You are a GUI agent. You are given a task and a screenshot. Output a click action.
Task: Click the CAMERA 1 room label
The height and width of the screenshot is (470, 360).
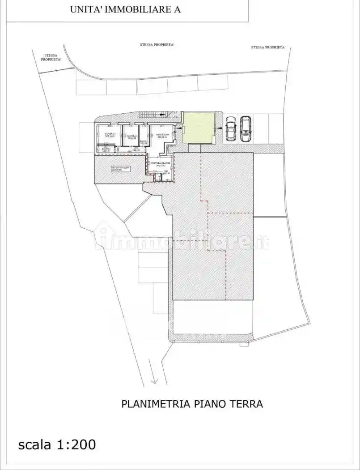[x=110, y=135]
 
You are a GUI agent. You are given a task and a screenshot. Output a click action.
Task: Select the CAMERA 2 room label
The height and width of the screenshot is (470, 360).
[x=131, y=137]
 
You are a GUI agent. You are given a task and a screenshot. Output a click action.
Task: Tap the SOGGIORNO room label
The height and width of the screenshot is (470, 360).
[x=162, y=136]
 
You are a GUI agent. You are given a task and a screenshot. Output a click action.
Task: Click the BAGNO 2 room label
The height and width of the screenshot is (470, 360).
[x=106, y=150]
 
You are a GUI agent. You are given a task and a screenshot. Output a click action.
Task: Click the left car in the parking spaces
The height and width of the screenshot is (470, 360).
[x=230, y=128]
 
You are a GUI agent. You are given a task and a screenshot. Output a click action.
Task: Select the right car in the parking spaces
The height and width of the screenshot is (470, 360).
[x=246, y=128]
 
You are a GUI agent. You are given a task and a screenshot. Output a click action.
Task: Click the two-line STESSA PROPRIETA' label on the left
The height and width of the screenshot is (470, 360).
[x=51, y=57]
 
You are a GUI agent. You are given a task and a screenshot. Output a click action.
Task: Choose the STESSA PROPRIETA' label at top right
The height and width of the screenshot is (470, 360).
[x=268, y=47]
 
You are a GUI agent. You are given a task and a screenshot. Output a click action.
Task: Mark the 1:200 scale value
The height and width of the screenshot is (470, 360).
[x=76, y=444]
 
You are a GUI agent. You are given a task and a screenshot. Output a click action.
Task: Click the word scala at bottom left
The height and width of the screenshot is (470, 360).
[x=35, y=444]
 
